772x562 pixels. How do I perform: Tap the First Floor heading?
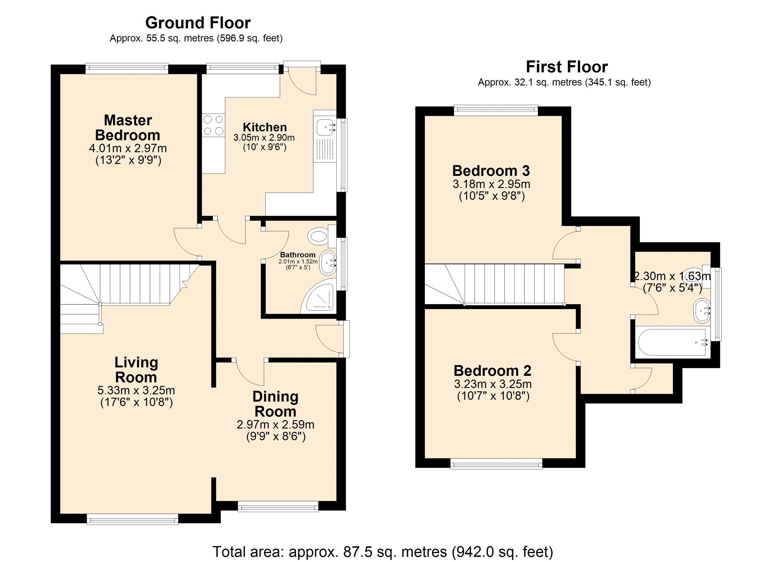point(567,67)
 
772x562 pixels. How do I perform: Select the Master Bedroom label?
point(128,128)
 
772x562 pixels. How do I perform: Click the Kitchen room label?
point(265,127)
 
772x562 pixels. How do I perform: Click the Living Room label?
point(136,370)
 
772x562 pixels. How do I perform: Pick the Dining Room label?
point(275,404)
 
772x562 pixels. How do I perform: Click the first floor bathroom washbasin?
point(702,311)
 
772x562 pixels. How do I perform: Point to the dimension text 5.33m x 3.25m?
point(136,390)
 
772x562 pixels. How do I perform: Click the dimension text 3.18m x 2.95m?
point(492,184)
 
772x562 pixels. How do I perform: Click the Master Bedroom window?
point(127,69)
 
